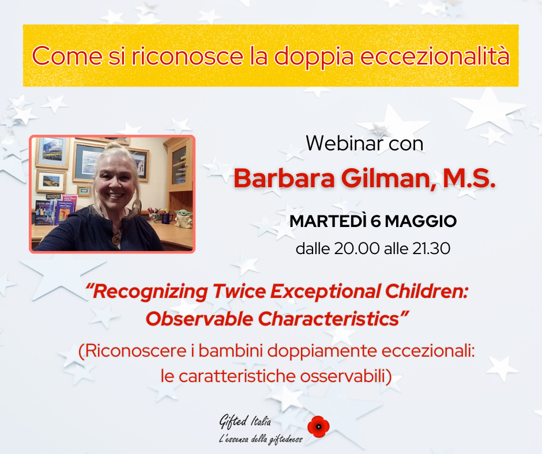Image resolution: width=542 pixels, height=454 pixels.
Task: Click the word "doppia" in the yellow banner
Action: click(314, 56)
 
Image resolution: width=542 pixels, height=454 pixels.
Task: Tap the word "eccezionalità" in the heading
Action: click(435, 55)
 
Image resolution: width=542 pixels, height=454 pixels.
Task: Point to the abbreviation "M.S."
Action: click(469, 178)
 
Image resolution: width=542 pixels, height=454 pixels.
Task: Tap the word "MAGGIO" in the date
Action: click(421, 221)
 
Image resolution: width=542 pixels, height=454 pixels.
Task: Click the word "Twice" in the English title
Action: click(239, 292)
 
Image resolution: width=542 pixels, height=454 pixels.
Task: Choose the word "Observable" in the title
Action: click(200, 319)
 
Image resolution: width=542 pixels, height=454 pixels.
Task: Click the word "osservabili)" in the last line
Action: click(345, 376)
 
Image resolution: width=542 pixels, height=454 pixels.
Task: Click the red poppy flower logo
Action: click(318, 426)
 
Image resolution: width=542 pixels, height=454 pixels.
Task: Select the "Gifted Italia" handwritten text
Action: click(245, 421)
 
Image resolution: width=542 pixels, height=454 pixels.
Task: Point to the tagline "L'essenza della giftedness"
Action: click(261, 439)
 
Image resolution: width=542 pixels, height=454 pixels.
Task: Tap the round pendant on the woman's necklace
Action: click(115, 239)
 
